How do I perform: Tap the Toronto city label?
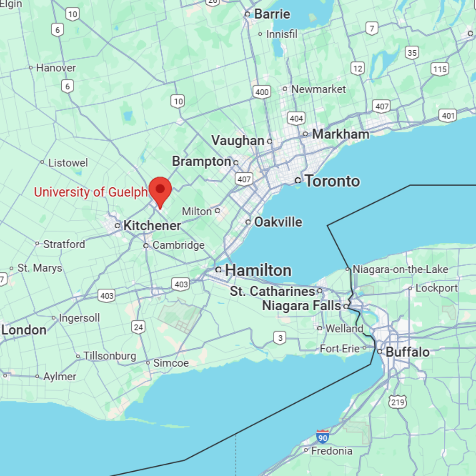point(332,181)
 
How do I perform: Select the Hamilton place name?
point(258,270)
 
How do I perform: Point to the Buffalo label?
point(407,352)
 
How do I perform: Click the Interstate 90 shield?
point(323,436)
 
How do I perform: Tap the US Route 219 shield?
point(398,402)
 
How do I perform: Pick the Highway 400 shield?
point(262,92)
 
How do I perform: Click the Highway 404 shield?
point(296,118)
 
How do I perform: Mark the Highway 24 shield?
point(138,327)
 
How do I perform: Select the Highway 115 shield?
point(440,69)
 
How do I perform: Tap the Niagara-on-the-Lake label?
point(400,269)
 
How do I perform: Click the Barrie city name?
point(272,14)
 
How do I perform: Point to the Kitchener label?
point(152,226)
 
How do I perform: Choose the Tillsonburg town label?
point(110,356)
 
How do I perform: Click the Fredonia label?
point(331,451)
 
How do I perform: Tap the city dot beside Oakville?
point(248,222)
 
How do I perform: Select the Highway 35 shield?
point(412,53)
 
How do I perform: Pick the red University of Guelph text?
point(90,192)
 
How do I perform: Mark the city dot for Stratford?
point(37,244)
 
